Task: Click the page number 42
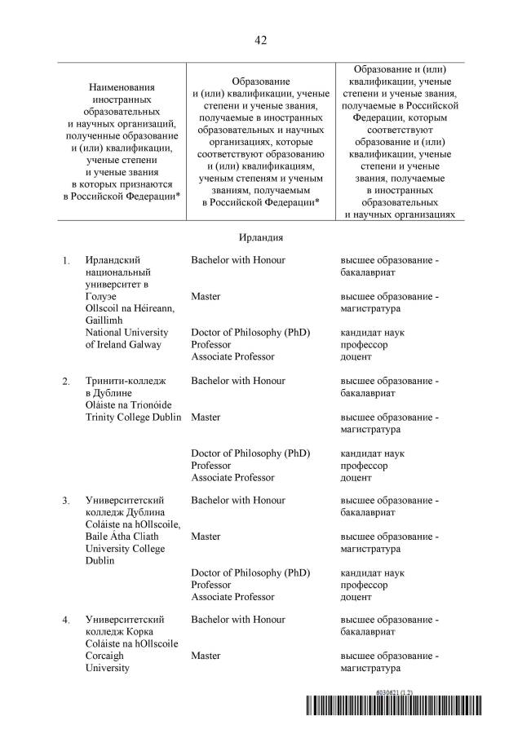(x=261, y=40)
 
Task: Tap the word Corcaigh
(x=108, y=656)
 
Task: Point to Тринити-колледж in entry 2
(x=126, y=382)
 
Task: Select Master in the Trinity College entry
(x=206, y=418)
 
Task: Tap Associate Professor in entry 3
(x=233, y=597)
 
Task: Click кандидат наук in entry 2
(x=372, y=453)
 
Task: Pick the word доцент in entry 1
(x=356, y=357)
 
